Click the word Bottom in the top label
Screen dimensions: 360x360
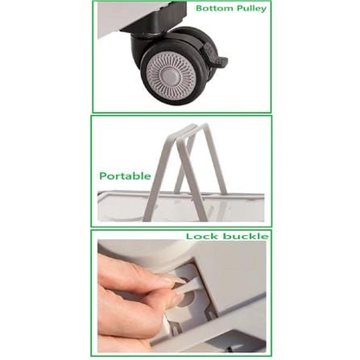(213, 8)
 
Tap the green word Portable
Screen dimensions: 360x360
(125, 176)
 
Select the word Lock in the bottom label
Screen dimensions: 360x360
(201, 236)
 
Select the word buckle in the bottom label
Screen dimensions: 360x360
(246, 236)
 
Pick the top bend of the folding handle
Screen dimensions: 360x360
(192, 128)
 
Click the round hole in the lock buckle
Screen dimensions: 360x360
(188, 298)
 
